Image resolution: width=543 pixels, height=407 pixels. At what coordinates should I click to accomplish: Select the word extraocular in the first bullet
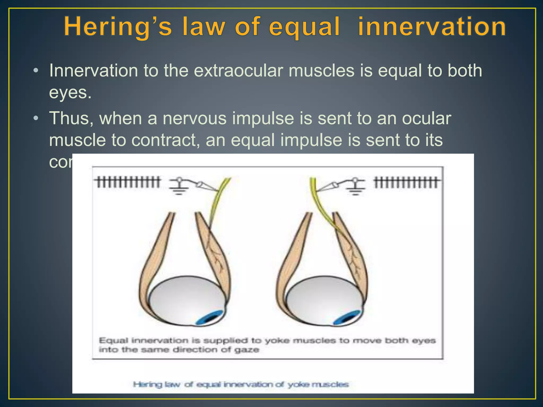(x=238, y=71)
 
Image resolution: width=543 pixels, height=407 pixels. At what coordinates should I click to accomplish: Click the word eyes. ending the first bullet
(x=70, y=93)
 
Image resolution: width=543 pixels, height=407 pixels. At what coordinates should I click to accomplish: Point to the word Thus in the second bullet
(x=71, y=118)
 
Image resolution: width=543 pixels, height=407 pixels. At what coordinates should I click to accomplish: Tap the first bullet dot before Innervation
(x=36, y=71)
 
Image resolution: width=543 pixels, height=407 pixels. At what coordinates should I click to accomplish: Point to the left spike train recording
(x=128, y=182)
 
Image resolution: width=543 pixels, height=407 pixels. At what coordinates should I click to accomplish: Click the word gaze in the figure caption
(x=247, y=350)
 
